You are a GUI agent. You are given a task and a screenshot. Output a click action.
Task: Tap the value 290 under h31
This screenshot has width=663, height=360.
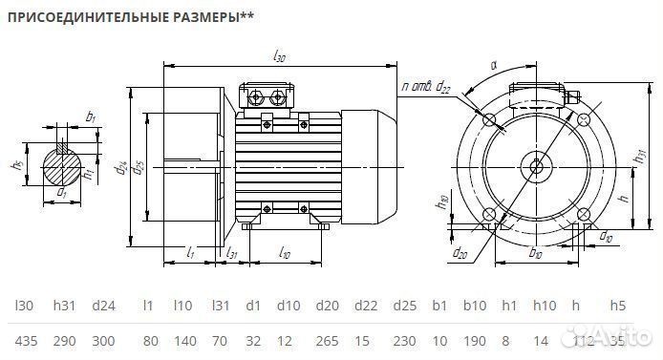pos(64,341)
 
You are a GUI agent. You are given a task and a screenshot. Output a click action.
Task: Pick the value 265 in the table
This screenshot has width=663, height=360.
pos(328,341)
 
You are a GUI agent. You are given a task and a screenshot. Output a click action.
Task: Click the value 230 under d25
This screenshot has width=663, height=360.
pos(405,341)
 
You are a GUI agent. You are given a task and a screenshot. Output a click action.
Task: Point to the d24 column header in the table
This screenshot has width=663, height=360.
pos(103,306)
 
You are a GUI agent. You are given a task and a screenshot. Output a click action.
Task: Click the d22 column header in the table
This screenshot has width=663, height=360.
pos(366,306)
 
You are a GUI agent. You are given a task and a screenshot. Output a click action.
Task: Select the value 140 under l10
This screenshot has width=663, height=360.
pos(183,341)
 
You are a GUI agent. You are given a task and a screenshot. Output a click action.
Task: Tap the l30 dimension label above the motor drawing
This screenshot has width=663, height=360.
pos(279,58)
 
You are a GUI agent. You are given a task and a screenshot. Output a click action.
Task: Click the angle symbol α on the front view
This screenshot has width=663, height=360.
pos(493,66)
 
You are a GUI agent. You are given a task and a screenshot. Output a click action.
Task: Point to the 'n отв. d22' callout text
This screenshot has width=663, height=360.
pos(426,88)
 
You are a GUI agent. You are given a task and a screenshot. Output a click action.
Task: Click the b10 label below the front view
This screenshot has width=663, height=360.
pos(535,254)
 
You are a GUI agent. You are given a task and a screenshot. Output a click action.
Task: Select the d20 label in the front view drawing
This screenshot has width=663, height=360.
pos(460,254)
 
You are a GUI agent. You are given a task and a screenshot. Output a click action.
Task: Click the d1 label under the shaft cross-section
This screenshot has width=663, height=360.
pos(62,193)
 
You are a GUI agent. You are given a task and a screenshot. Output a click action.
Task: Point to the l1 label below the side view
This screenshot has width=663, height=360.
pos(191,253)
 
